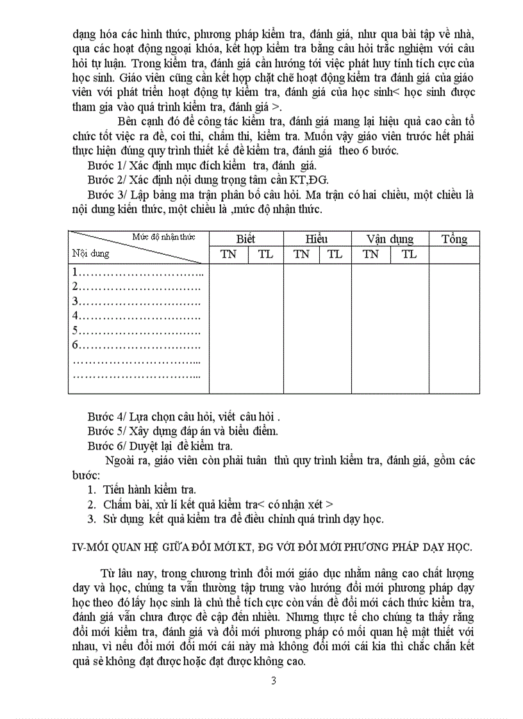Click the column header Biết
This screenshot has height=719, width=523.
[x=245, y=239]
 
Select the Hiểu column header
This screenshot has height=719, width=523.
[x=317, y=239]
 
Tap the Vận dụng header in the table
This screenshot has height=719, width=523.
[x=390, y=239]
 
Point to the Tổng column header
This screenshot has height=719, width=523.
[x=454, y=239]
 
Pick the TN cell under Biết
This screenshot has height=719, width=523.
[x=228, y=254]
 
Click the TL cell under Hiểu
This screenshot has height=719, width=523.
[x=335, y=254]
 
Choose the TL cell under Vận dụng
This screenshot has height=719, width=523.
[x=409, y=254]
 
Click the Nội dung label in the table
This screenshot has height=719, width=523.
[x=91, y=254]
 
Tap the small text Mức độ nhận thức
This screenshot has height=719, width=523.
[x=163, y=237]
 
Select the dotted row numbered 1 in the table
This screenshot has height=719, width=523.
[x=138, y=272]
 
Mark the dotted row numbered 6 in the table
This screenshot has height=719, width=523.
[x=137, y=346]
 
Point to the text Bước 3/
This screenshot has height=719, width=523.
[x=104, y=194]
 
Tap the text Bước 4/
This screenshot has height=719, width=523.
[x=104, y=417]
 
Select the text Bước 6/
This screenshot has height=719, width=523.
[x=104, y=445]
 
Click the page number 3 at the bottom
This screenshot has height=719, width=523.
[x=274, y=680]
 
